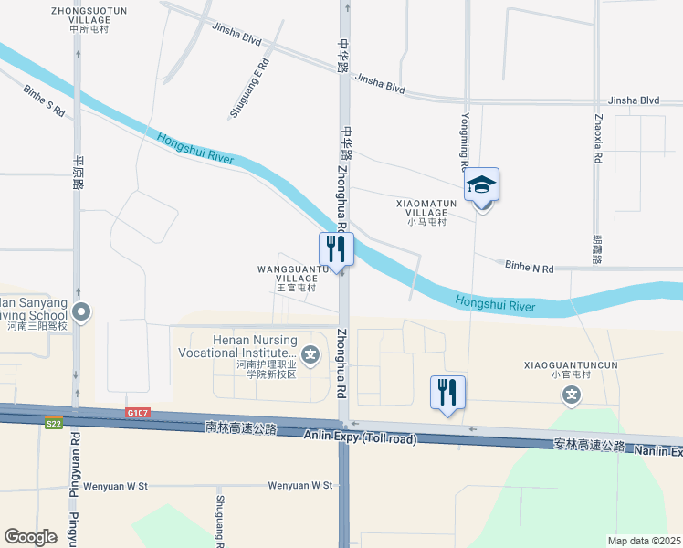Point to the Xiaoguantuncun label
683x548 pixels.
coord(559,368)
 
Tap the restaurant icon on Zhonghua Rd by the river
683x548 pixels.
coord(335,248)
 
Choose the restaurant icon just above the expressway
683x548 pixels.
coord(447,393)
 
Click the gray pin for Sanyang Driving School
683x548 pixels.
coord(81,312)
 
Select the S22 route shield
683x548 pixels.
coord(54,421)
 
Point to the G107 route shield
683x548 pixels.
coord(137,414)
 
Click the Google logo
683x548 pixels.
coord(30,537)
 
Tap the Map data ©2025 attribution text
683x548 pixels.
coord(644,541)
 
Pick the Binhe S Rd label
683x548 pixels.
coord(44,100)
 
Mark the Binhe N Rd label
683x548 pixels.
coord(530,268)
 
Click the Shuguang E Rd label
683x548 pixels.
coord(249,89)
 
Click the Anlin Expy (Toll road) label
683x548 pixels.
coord(361,439)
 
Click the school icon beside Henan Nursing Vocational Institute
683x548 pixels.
coord(311,354)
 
